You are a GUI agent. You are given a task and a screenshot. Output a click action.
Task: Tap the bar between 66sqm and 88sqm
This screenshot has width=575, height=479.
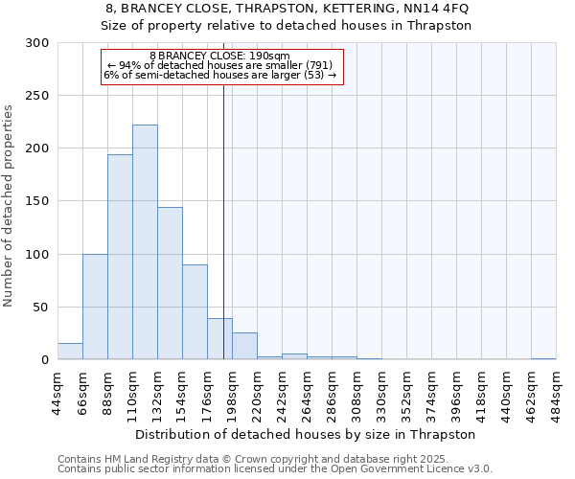click(x=95, y=307)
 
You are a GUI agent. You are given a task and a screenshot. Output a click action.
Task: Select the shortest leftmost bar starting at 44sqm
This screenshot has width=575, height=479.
click(x=70, y=352)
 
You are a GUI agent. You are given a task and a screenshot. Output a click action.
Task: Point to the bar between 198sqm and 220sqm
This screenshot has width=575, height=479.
click(x=244, y=347)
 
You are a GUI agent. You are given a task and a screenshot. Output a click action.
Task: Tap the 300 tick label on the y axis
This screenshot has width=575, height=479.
click(x=37, y=43)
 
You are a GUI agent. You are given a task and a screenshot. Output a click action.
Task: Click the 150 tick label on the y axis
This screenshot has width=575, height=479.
click(x=37, y=202)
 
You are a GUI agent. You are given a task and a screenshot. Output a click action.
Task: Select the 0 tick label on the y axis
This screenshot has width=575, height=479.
click(x=44, y=360)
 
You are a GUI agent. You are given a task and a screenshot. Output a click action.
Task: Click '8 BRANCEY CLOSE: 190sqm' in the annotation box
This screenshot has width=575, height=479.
click(x=219, y=56)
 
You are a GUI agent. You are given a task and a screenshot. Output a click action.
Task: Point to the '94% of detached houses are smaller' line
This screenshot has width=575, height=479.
click(x=219, y=64)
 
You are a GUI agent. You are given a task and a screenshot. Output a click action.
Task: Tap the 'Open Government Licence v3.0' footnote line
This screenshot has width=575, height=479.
click(x=274, y=469)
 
